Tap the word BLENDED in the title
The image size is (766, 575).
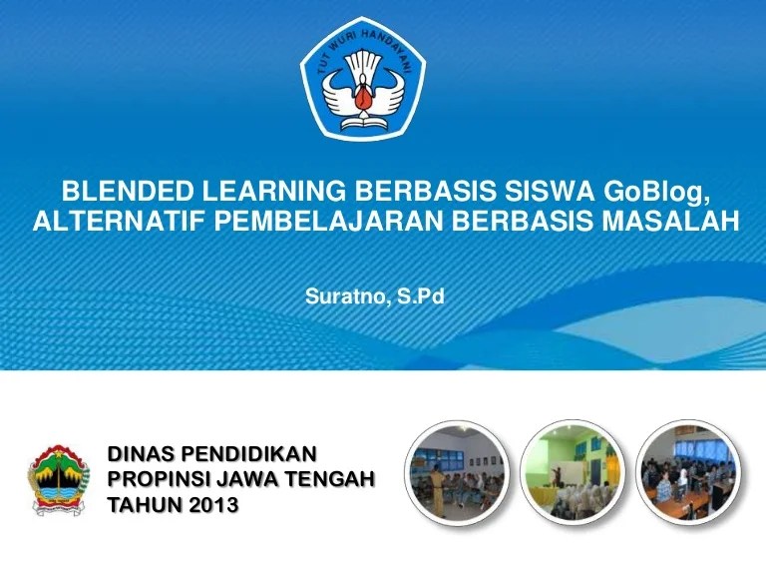coord(128,192)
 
